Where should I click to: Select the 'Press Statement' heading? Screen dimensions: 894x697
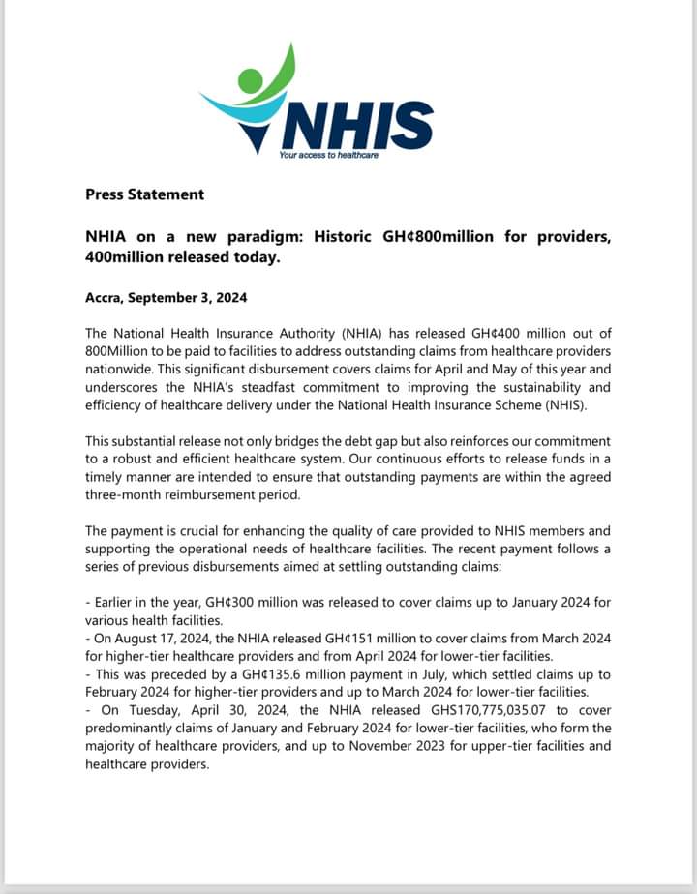[x=144, y=194]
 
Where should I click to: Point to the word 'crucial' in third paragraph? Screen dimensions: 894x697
[x=212, y=531]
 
